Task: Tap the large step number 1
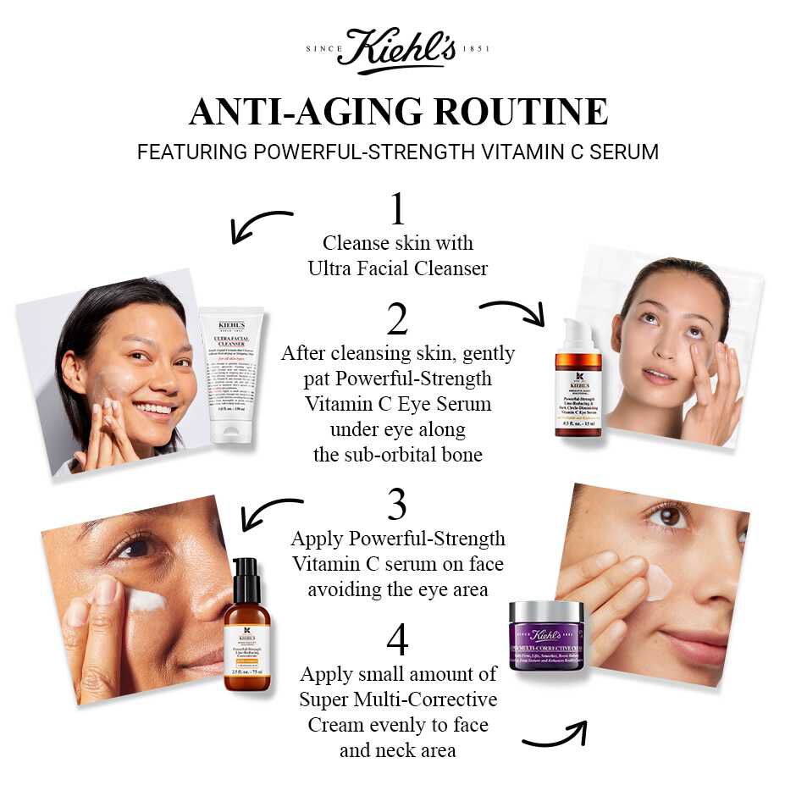(x=397, y=209)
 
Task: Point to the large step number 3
(x=397, y=505)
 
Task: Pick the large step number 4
(x=397, y=640)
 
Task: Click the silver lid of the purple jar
(x=546, y=611)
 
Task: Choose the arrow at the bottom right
(x=555, y=734)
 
